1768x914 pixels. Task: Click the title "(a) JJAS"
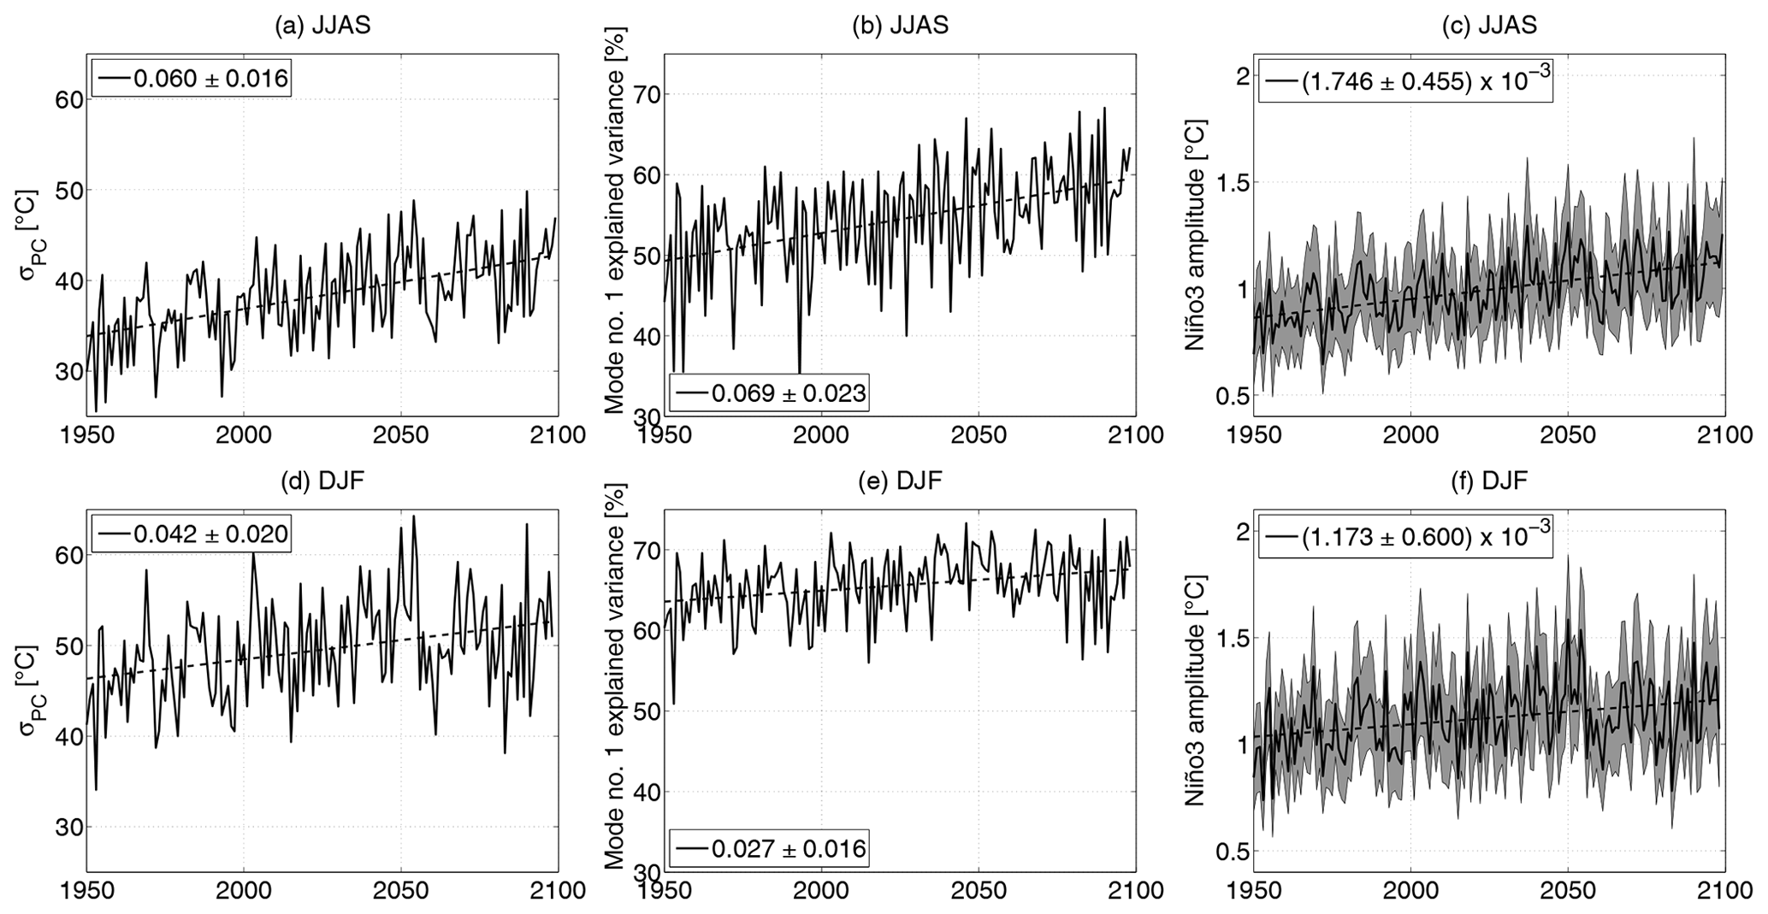tap(322, 25)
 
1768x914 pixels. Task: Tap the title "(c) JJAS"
tap(1489, 25)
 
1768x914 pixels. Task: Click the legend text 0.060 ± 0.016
tap(210, 79)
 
